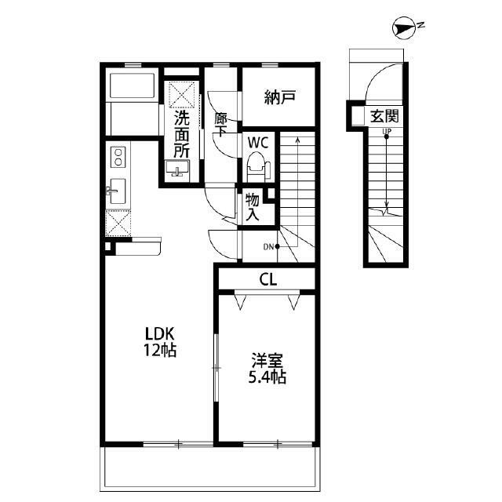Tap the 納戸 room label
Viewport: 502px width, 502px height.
(x=279, y=97)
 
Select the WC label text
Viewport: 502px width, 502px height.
(x=258, y=143)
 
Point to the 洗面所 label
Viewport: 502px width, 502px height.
(x=182, y=134)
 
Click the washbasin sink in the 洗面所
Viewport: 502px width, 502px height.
(x=177, y=169)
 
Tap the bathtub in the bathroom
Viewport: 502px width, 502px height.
(x=132, y=86)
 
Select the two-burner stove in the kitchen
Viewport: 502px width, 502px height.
(x=118, y=157)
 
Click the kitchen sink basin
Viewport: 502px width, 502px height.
(x=117, y=191)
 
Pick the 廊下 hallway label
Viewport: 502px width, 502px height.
(x=221, y=125)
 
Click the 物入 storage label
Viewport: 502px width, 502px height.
(x=253, y=208)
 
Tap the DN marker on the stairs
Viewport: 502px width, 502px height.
(x=271, y=247)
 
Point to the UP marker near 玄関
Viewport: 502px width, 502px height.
(x=387, y=133)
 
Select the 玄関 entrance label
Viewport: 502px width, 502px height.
(x=384, y=117)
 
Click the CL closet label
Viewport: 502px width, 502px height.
(x=268, y=280)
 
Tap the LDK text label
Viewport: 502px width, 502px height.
(x=160, y=333)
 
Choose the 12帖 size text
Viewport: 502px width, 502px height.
(x=160, y=351)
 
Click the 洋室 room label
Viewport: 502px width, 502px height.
(x=267, y=361)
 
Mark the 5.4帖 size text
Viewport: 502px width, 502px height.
(x=267, y=377)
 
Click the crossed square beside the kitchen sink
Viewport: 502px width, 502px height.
(x=118, y=223)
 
